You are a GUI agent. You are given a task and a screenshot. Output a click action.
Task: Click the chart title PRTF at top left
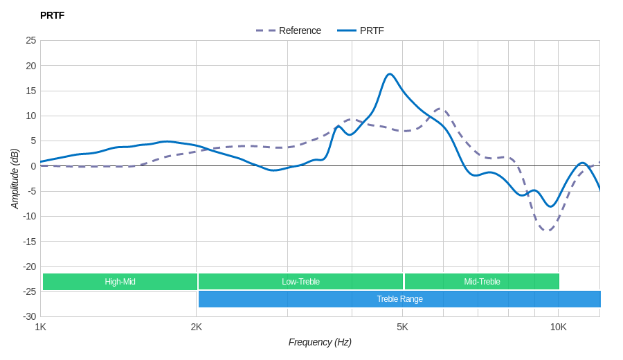click(x=52, y=15)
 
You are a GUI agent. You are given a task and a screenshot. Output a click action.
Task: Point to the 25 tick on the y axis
click(x=31, y=40)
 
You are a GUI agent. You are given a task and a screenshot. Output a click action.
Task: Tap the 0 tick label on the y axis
click(x=33, y=166)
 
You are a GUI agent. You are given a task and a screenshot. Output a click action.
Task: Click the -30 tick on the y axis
click(x=30, y=316)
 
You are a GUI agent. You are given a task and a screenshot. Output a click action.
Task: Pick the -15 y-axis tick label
click(x=30, y=241)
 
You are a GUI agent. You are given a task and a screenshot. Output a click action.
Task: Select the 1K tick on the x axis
click(x=41, y=327)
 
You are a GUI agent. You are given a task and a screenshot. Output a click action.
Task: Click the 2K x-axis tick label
click(x=197, y=327)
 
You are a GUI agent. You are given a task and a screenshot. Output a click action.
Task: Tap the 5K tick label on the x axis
click(x=402, y=327)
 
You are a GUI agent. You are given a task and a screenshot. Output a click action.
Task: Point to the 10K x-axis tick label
click(x=558, y=327)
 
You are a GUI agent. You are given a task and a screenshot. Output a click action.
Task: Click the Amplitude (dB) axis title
click(x=15, y=179)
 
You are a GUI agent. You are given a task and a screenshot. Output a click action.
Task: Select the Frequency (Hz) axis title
click(x=320, y=342)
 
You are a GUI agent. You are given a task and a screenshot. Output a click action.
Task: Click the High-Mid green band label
click(x=120, y=282)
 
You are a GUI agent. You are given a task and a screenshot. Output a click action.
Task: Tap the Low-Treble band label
click(x=300, y=282)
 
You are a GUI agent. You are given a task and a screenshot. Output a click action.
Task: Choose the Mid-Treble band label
click(x=482, y=282)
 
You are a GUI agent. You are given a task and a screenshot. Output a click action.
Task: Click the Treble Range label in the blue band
click(x=399, y=299)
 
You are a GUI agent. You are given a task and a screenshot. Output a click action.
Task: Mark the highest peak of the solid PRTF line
click(x=390, y=74)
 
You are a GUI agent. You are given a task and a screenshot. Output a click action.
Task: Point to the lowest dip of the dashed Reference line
click(x=548, y=230)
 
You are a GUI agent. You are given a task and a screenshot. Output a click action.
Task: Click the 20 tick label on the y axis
click(x=31, y=66)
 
